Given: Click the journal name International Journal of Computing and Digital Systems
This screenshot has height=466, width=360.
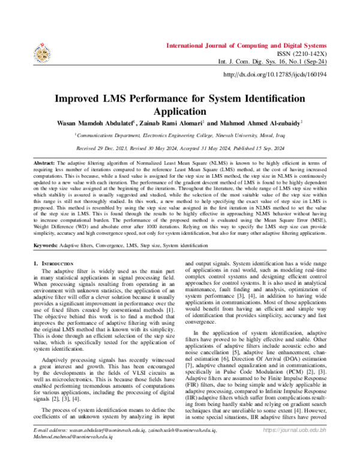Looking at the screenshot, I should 246,46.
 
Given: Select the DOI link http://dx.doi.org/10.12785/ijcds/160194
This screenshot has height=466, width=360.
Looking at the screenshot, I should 274,74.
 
